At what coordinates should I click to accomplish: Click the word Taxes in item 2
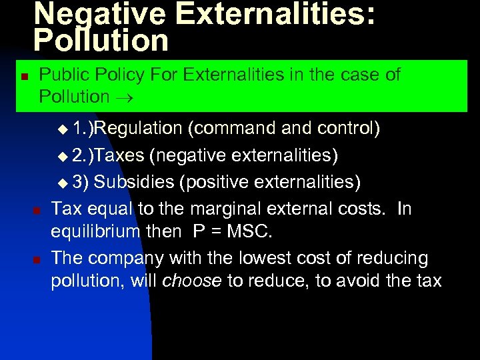click(x=120, y=155)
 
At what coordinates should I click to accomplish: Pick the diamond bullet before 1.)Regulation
click(x=63, y=128)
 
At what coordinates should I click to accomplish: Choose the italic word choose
click(x=192, y=281)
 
